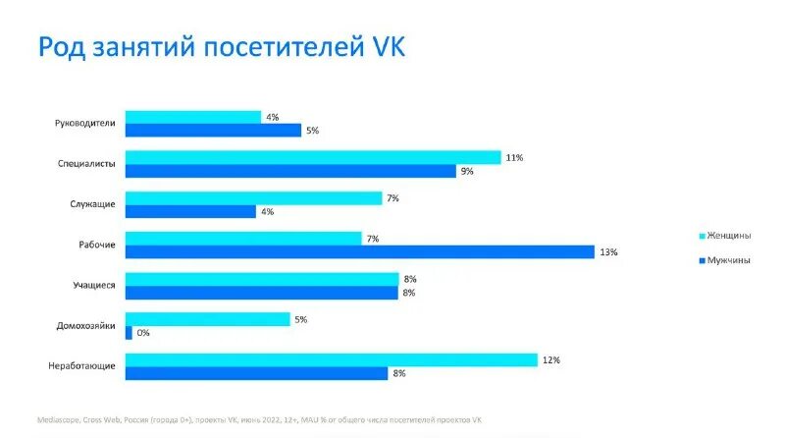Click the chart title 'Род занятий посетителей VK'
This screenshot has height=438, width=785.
[221, 48]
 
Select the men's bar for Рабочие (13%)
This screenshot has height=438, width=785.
[359, 252]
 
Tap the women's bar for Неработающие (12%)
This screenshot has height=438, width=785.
[331, 359]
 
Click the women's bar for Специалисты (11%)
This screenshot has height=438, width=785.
[312, 157]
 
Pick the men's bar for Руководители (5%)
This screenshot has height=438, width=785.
[212, 131]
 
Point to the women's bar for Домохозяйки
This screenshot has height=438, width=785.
[207, 319]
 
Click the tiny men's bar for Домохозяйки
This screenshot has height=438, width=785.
[129, 333]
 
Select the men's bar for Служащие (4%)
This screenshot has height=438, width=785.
[190, 211]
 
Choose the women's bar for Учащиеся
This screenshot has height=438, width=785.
[261, 279]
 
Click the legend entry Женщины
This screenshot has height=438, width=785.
[729, 236]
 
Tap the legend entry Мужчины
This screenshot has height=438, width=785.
[728, 260]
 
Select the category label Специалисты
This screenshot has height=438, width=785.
[87, 164]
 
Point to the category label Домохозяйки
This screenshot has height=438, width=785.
[85, 326]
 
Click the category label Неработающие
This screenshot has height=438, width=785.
[82, 366]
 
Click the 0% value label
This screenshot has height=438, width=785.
[143, 333]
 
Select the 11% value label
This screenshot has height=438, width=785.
[513, 157]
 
